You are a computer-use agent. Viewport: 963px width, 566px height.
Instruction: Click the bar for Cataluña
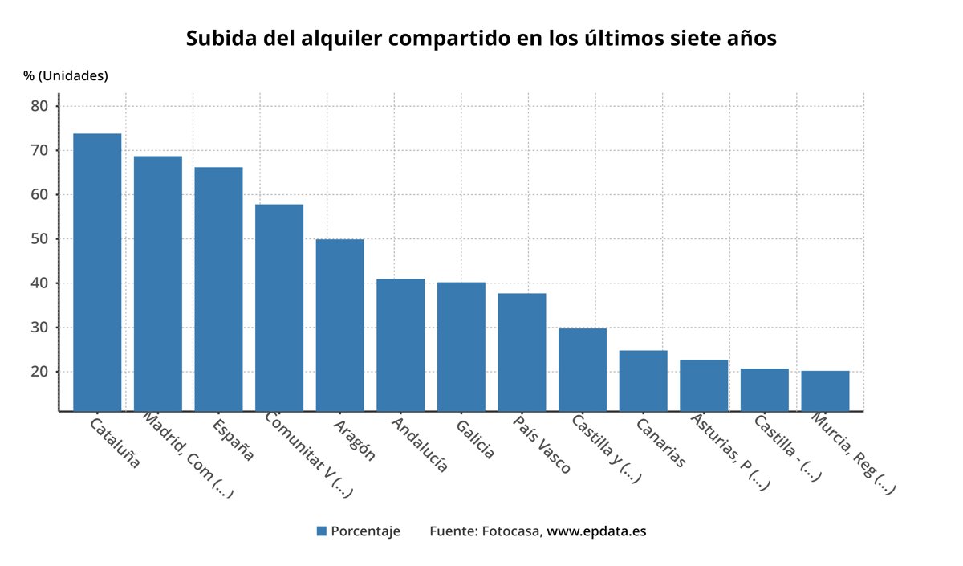[97, 272]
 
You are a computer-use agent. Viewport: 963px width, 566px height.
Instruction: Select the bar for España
[218, 289]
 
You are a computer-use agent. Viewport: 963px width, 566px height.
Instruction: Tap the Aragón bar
[339, 325]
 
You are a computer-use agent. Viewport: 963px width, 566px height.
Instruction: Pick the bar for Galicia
[461, 346]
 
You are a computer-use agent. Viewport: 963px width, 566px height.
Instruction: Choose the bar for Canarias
[643, 381]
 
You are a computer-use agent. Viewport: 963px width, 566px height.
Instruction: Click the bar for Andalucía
[400, 344]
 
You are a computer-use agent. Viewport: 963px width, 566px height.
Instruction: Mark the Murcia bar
[825, 390]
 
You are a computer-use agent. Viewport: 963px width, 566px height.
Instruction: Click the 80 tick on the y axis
[41, 106]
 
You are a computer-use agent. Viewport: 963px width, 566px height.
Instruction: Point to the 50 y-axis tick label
[41, 239]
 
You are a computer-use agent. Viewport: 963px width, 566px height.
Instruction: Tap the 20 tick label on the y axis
[41, 372]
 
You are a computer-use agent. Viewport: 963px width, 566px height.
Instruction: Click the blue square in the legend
[322, 531]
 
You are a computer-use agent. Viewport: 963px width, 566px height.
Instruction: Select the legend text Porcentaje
[365, 531]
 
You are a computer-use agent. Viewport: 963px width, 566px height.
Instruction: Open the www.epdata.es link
[596, 531]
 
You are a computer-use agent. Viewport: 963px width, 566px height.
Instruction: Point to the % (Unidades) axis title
[66, 75]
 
